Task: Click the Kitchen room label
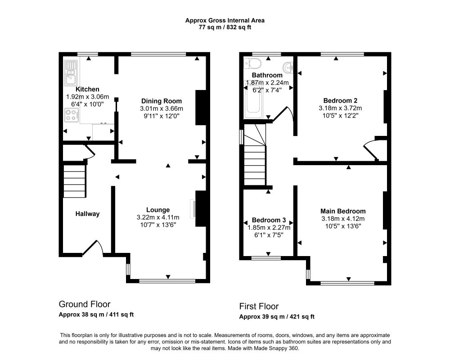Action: [x=87, y=89]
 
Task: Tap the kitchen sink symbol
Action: [x=70, y=73]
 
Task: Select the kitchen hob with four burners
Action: [x=72, y=115]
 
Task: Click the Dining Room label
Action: [x=161, y=101]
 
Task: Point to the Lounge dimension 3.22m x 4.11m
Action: [x=158, y=217]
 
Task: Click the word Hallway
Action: [x=87, y=214]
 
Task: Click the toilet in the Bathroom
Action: [x=252, y=63]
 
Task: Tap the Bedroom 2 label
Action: [x=340, y=100]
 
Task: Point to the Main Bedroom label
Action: [x=343, y=211]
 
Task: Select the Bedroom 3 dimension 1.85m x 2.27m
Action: [x=269, y=228]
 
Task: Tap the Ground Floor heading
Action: [x=85, y=304]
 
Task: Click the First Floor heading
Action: [x=259, y=306]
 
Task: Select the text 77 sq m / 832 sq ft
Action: [x=225, y=27]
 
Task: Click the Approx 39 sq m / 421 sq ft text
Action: [x=277, y=317]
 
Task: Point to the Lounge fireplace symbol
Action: [x=193, y=208]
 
